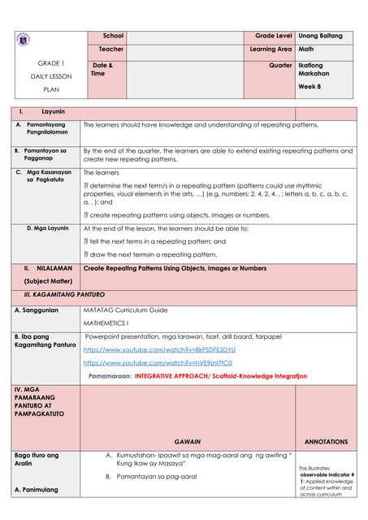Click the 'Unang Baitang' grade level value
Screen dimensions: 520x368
(321, 37)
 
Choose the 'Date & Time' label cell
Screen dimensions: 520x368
(102, 69)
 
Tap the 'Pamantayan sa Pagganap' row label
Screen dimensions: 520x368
(45, 155)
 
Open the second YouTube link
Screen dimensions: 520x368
(158, 362)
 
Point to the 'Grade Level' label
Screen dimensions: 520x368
(274, 37)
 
